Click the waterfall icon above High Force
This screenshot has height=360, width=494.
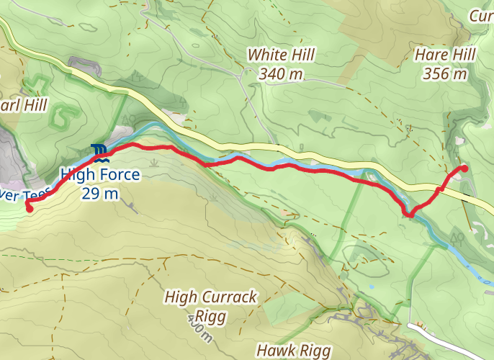99,152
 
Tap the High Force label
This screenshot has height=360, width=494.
99,174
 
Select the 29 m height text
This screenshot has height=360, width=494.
99,193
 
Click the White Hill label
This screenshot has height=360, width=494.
277,55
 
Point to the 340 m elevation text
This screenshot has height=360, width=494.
277,73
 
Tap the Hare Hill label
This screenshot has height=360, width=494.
441,55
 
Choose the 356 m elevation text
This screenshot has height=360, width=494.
441,73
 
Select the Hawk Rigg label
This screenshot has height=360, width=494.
293,350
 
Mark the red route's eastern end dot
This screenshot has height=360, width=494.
464,168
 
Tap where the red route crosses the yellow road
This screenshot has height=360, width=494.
439,190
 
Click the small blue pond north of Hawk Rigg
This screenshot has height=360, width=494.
372,287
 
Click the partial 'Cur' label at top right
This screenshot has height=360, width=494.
480,16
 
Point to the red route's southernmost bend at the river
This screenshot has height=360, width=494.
409,214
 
